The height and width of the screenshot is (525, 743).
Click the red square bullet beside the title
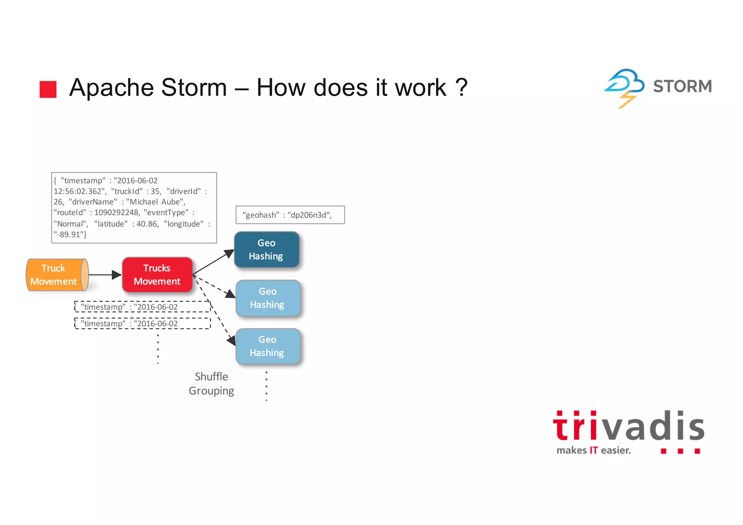tap(48, 89)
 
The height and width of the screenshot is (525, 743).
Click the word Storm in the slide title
tap(194, 87)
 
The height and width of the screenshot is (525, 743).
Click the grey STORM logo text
tap(682, 86)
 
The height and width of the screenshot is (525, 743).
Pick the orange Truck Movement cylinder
tap(57, 275)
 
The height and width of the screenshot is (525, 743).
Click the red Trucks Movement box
tap(157, 275)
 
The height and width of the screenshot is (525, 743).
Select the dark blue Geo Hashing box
tap(267, 250)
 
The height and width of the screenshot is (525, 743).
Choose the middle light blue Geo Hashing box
tap(268, 298)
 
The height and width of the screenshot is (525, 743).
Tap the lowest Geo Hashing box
tap(268, 346)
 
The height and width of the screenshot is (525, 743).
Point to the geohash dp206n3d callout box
tap(290, 215)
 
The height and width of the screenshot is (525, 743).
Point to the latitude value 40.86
tap(147, 224)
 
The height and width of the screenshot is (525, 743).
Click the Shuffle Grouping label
tap(212, 384)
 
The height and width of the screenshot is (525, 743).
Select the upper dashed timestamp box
tap(142, 307)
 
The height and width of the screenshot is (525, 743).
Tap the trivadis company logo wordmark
tap(628, 427)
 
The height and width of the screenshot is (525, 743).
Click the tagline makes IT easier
tap(594, 450)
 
